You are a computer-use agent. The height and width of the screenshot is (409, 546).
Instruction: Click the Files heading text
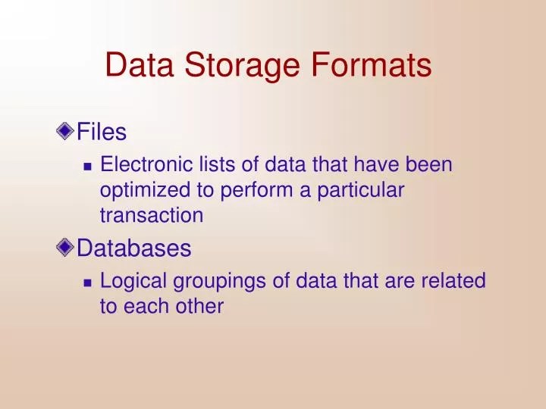[102, 133]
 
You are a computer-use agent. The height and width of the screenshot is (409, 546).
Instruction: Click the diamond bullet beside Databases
[66, 247]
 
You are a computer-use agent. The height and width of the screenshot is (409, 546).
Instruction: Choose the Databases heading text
[134, 248]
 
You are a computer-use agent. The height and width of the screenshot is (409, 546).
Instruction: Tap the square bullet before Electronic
[87, 165]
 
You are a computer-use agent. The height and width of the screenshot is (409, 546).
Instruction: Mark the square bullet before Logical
[87, 283]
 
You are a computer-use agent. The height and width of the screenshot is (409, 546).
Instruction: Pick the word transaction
[152, 215]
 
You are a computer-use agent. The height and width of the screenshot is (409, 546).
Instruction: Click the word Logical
[134, 282]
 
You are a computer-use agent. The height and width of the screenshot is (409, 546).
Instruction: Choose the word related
[452, 281]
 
